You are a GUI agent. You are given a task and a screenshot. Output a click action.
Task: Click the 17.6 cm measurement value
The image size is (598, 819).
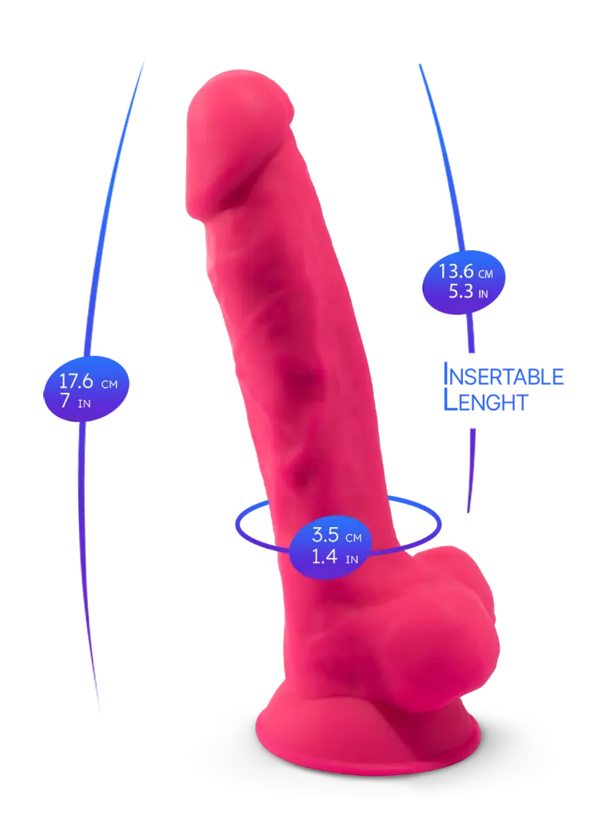88,382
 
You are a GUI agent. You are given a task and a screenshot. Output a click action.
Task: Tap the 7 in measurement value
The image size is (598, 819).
76,402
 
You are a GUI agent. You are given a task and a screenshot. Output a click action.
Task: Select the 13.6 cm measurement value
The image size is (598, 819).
465,272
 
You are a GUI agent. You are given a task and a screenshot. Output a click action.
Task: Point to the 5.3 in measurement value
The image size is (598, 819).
468,291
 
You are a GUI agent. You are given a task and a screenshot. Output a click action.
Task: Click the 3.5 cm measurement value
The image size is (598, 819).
337,535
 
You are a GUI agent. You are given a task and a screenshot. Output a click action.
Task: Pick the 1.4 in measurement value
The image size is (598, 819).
335,557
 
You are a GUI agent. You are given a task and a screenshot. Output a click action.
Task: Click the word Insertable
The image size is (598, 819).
504,375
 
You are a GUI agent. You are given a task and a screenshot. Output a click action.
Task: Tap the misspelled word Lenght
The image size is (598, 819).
486,400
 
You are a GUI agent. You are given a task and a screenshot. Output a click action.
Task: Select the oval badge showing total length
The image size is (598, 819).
86,389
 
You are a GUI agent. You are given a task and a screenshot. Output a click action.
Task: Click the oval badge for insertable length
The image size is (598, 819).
464,282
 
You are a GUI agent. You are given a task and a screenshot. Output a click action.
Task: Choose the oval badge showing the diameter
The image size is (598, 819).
331,547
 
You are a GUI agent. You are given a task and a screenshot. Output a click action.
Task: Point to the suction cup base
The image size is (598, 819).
369,737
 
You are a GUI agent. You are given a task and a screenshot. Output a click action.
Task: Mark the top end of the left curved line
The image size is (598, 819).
143,63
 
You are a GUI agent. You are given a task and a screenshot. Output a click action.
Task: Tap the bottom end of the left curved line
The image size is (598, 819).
99,711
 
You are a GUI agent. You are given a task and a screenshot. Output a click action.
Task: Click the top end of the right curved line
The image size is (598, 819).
420,65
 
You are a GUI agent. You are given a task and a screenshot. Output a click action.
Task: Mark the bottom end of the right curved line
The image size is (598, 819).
468,512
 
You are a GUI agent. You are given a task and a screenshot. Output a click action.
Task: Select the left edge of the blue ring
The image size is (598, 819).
237,525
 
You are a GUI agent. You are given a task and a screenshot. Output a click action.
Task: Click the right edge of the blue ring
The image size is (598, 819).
440,524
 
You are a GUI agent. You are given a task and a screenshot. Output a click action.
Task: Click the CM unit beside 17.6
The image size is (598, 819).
110,385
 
